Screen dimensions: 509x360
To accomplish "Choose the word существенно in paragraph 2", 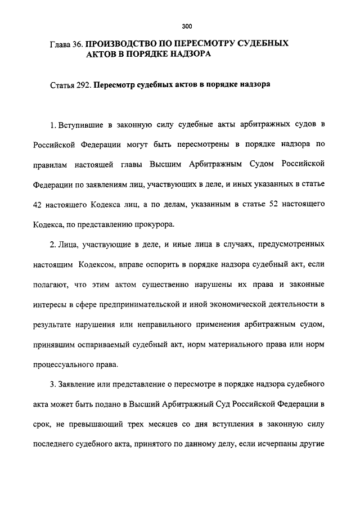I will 174,284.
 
